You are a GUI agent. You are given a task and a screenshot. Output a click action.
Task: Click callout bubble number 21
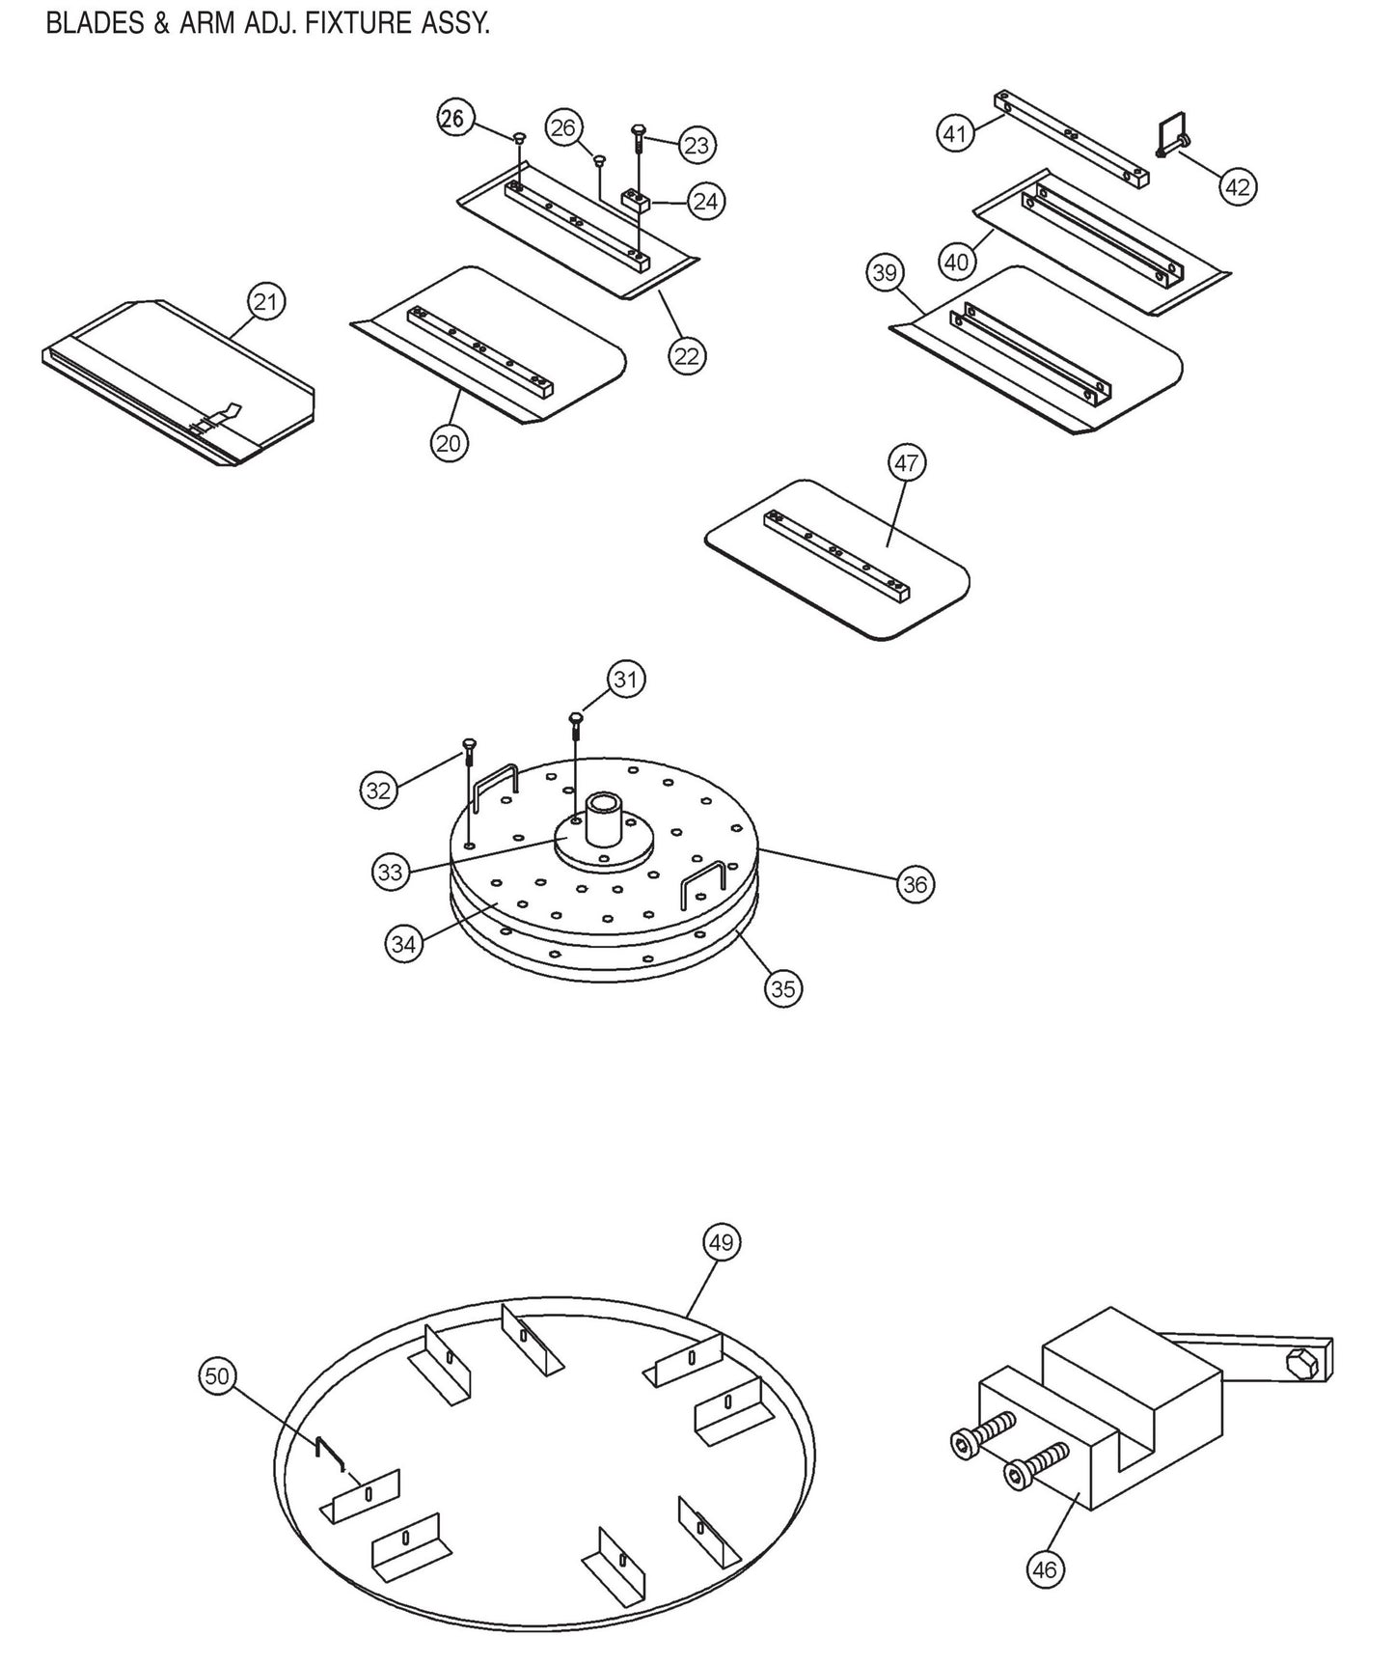click(264, 302)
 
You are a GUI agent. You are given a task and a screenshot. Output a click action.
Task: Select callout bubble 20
click(449, 443)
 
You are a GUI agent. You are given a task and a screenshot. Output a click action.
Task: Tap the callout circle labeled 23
click(697, 146)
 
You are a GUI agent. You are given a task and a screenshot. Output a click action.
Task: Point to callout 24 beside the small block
click(706, 202)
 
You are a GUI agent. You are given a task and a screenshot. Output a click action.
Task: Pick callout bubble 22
click(686, 356)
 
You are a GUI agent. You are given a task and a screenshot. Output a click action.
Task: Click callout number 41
click(955, 133)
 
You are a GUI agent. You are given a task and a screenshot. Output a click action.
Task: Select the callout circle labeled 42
click(1237, 186)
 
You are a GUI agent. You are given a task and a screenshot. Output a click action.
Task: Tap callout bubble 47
click(907, 463)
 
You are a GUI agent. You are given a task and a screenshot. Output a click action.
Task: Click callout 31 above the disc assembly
click(626, 679)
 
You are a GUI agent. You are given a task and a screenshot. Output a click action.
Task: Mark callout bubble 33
click(390, 874)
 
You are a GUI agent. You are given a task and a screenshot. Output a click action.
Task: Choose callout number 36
click(915, 884)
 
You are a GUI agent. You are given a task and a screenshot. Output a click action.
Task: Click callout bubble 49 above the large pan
click(722, 1242)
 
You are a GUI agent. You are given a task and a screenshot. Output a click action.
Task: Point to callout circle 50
click(218, 1375)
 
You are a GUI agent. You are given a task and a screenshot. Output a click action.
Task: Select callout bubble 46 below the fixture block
click(1045, 1570)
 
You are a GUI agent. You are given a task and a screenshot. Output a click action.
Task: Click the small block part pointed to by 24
click(637, 200)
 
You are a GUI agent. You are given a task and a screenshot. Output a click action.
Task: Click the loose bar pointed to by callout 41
click(1071, 139)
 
